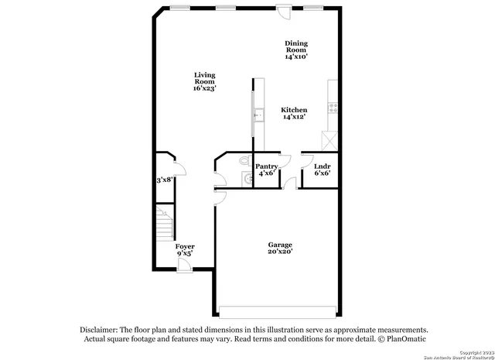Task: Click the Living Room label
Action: point(204,81)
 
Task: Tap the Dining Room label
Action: point(296,49)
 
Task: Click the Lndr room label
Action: point(322,166)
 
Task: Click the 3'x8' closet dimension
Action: point(164,180)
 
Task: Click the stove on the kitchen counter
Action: point(333,108)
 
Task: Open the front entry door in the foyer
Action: point(184,266)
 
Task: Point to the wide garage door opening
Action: point(277,312)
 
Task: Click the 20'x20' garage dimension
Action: point(280,253)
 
